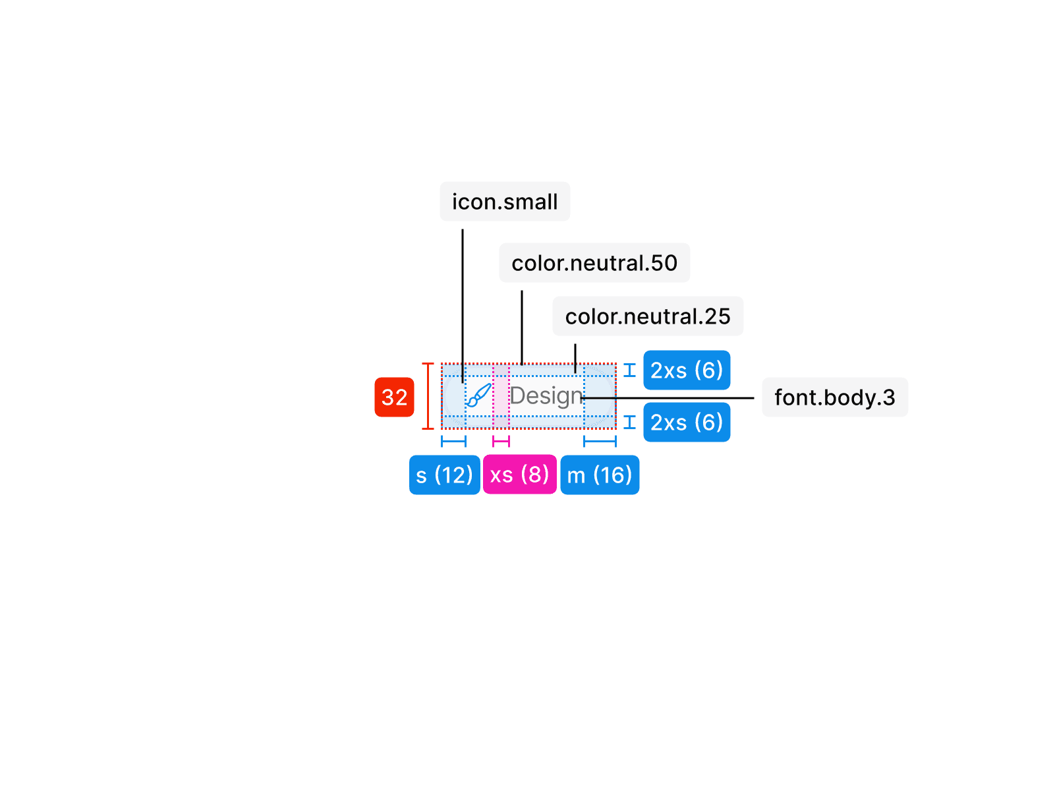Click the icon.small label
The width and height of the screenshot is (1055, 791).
505,202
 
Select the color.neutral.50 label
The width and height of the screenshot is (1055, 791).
594,263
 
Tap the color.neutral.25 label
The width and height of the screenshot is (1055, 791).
648,316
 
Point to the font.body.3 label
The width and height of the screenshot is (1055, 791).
834,397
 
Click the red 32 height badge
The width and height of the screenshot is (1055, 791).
394,397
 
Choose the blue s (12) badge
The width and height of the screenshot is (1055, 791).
444,475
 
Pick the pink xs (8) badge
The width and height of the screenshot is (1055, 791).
519,475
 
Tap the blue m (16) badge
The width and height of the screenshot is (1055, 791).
600,475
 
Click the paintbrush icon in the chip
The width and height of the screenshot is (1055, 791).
479,395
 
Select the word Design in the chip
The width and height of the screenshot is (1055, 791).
546,396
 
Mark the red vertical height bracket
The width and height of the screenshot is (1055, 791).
428,396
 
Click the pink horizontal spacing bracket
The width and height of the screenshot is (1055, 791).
501,441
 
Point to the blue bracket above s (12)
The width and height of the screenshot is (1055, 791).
453,441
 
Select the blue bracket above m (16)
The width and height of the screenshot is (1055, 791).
600,441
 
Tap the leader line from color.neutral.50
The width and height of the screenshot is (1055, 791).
522,326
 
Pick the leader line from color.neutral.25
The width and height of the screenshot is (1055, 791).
575,358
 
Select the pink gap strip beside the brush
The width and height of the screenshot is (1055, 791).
501,396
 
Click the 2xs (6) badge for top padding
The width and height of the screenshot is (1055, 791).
687,370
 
